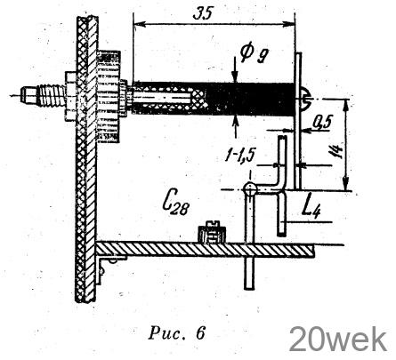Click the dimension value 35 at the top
[203, 13]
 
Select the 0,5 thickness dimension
[323, 123]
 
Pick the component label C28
[175, 204]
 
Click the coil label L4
[311, 207]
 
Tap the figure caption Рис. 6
[176, 333]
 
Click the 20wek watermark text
[338, 340]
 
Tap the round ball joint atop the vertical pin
[251, 188]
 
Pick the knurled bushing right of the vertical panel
[109, 96]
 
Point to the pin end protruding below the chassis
[249, 273]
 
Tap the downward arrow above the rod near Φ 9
[235, 70]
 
